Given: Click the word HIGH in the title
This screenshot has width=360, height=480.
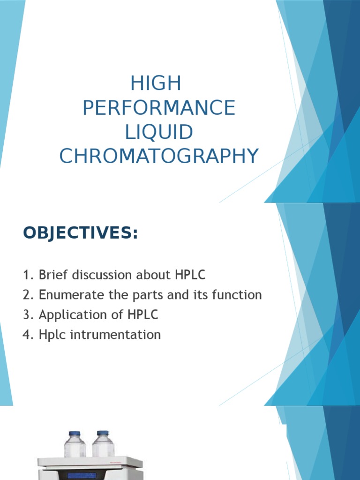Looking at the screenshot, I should (156, 84).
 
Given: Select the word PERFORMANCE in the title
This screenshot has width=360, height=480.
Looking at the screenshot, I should (158, 108).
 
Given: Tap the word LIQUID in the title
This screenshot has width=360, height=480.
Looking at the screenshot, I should (158, 132).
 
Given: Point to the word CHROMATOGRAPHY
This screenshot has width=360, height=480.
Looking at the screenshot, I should (158, 156).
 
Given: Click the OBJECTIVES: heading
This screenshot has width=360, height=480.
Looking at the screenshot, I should (81, 233).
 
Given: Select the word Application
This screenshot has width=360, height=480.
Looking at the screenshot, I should (69, 315).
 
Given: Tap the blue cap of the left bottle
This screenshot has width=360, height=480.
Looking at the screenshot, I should (75, 434).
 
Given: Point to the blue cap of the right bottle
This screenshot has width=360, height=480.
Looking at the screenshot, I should (103, 433).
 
